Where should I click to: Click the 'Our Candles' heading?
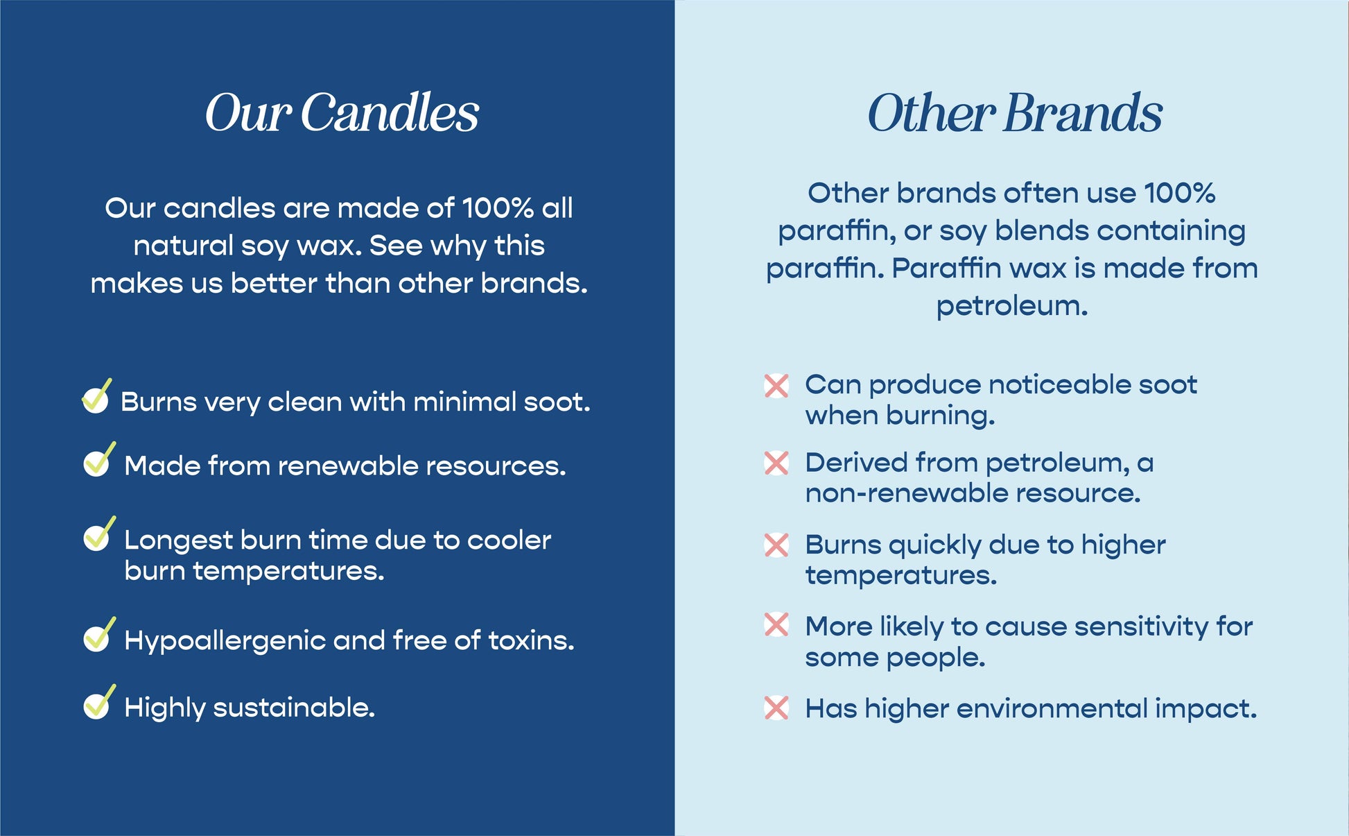click(x=342, y=112)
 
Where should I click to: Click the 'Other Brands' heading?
click(x=1015, y=112)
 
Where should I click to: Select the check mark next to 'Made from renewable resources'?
click(x=98, y=460)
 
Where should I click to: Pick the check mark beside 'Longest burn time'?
click(x=98, y=534)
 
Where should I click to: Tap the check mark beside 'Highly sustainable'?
click(x=98, y=702)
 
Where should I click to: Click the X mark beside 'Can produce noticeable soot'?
click(x=776, y=386)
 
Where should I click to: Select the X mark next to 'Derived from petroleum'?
click(x=776, y=463)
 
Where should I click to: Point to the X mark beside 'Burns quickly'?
click(x=776, y=545)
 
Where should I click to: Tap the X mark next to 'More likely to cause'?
click(x=776, y=624)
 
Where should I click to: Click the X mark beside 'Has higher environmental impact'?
click(x=776, y=708)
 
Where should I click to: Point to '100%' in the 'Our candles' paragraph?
click(x=498, y=208)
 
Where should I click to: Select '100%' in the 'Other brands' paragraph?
click(x=1179, y=193)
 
